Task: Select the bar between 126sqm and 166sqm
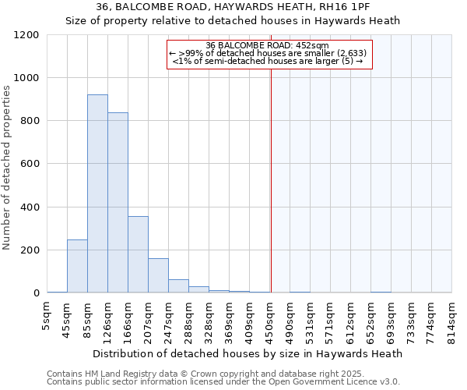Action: (x=118, y=203)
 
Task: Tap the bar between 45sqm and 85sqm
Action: (x=77, y=266)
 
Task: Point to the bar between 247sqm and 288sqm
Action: (x=178, y=286)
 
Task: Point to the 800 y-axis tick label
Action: (x=30, y=121)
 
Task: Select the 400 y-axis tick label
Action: (x=30, y=207)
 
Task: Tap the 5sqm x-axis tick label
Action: (x=47, y=315)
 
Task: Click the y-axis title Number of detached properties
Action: (x=7, y=167)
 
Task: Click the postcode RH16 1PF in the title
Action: (x=328, y=7)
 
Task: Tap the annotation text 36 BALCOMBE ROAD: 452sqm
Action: (x=269, y=45)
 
